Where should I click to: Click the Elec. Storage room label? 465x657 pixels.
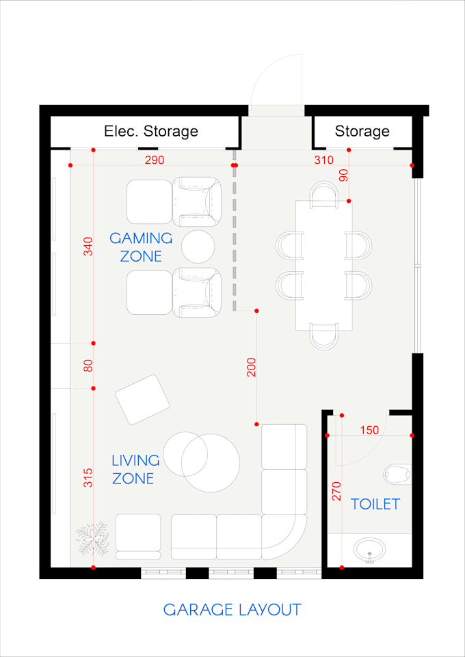coord(151,131)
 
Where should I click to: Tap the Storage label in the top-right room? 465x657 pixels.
coord(362,132)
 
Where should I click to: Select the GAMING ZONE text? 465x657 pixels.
coord(141,247)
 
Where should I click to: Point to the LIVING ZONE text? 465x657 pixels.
coord(135,469)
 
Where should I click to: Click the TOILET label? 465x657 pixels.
coord(375,504)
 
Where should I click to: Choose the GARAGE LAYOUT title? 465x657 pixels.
coord(232,610)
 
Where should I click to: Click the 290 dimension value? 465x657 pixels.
coord(155,160)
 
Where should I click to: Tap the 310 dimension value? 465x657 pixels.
coord(324,160)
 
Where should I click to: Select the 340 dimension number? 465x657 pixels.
coord(88,247)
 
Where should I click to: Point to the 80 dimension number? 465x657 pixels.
coord(88,365)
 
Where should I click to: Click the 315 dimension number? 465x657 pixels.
coord(88,477)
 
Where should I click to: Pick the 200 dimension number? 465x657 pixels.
coord(251,367)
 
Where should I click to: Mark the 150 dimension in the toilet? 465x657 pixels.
coord(369,430)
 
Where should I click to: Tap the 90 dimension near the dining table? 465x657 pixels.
coord(343,176)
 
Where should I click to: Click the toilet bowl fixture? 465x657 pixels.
coord(398,474)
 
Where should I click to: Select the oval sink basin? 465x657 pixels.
coord(370,550)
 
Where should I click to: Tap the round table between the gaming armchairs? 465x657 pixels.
coord(198,247)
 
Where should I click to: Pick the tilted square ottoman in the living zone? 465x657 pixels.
coord(142,400)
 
